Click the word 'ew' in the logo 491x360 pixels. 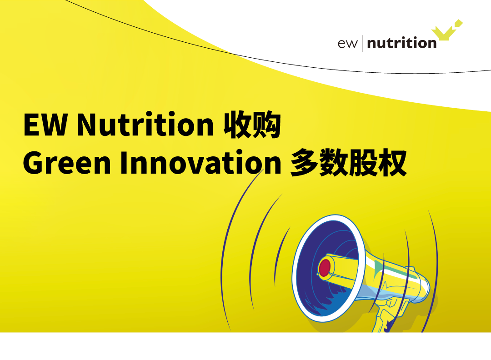[347, 44]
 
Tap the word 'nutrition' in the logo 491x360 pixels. [402, 43]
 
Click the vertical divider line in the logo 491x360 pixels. [362, 43]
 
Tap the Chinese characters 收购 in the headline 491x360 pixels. [252, 124]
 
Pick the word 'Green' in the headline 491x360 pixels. [67, 162]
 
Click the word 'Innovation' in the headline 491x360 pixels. [201, 162]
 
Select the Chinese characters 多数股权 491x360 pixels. [348, 163]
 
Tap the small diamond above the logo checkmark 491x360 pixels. [458, 23]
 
